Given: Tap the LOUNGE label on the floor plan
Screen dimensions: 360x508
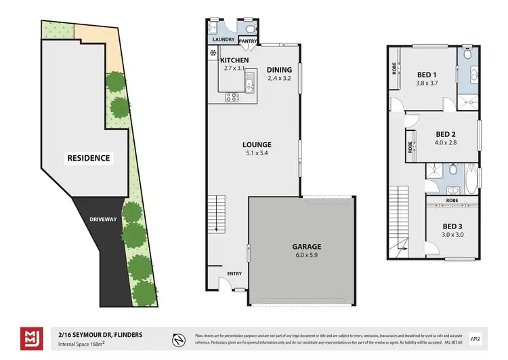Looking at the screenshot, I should (x=257, y=144).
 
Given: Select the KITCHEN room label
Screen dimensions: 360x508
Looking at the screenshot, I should (x=235, y=60).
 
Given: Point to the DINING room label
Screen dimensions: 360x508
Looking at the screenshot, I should (x=279, y=69).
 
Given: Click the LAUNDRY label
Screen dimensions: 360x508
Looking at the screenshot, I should (x=223, y=40).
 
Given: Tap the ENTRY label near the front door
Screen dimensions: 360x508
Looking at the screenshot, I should (x=234, y=273).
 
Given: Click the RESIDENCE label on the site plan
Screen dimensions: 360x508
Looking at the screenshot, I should (x=87, y=158).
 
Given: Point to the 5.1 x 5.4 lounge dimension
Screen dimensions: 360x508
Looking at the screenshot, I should (x=257, y=153).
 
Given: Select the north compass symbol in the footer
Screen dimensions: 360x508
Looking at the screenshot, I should (x=177, y=338).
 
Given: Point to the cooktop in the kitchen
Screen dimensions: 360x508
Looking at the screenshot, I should (x=232, y=96).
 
